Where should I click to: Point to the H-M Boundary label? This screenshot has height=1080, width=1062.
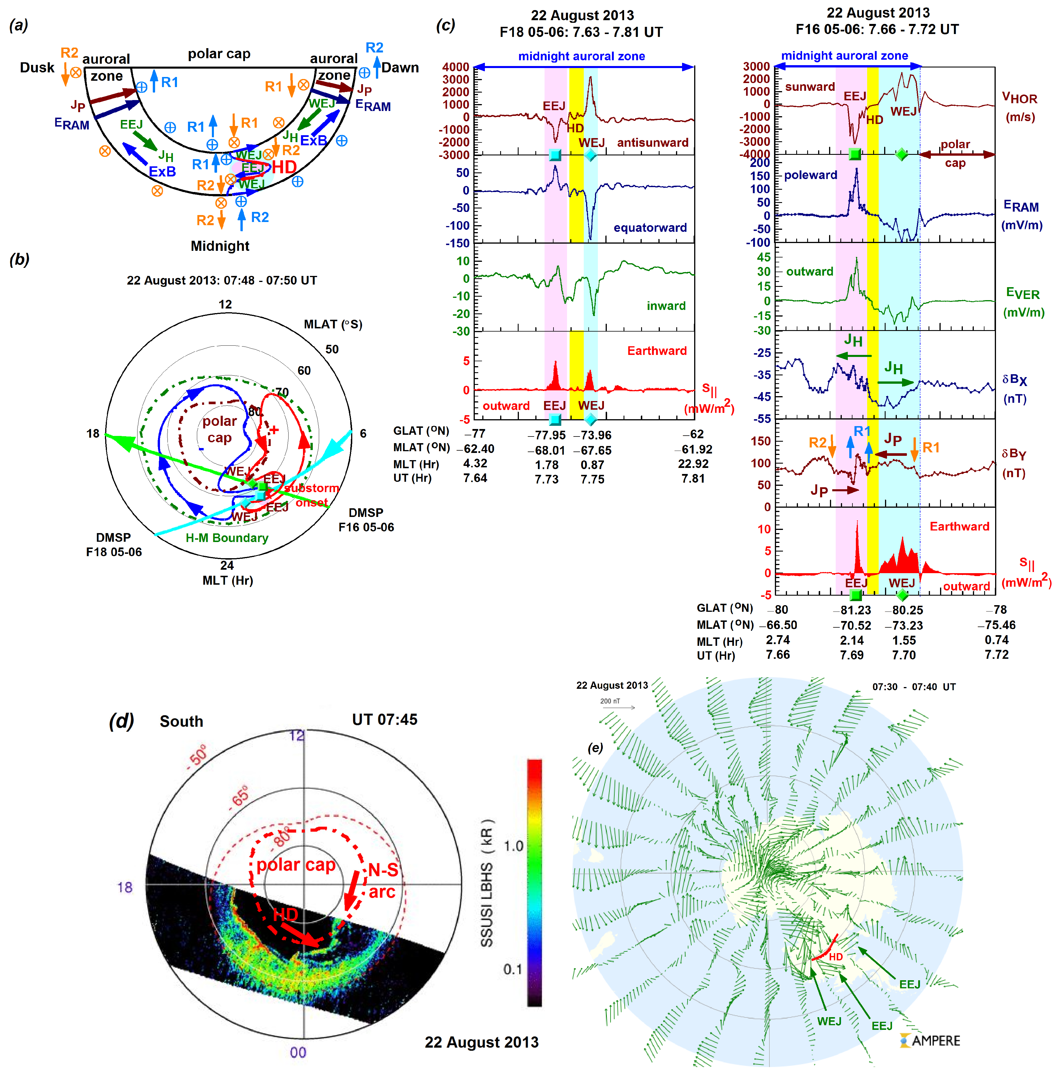[x=227, y=538]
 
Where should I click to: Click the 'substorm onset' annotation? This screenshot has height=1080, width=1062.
[x=311, y=495]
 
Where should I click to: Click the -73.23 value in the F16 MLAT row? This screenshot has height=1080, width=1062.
[x=903, y=625]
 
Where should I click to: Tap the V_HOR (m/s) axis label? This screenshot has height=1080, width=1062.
[x=1020, y=107]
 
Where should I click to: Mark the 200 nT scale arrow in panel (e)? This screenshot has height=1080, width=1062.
[x=618, y=707]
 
